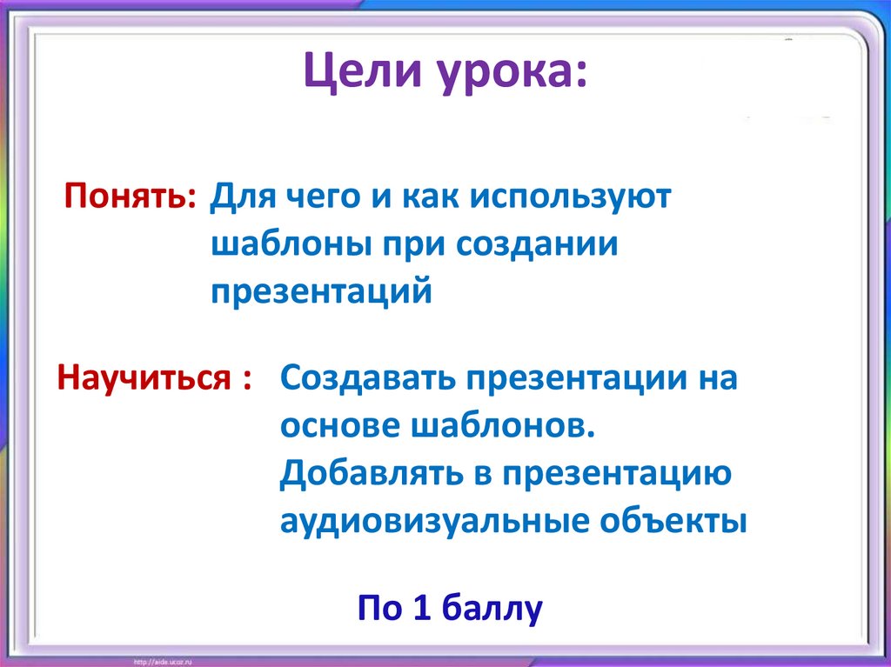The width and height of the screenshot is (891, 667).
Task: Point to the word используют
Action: (x=572, y=198)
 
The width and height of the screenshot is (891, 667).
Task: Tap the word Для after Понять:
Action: (x=239, y=198)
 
